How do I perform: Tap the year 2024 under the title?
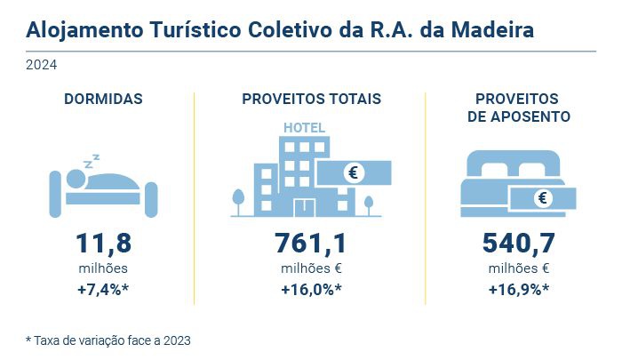tap(41, 65)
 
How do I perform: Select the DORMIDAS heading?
tap(103, 99)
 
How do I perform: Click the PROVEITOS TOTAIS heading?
tap(311, 99)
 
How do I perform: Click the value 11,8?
tap(103, 243)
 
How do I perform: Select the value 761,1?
tap(311, 243)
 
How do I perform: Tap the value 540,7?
tap(519, 243)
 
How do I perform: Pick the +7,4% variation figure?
tap(103, 289)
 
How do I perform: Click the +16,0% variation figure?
tap(311, 289)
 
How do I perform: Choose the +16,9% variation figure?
tap(519, 289)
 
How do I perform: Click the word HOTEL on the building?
tap(304, 127)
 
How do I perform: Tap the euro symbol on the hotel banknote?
tap(354, 172)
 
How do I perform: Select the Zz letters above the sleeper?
tap(91, 161)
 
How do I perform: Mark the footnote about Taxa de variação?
tap(108, 340)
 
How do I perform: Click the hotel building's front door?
tap(305, 207)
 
